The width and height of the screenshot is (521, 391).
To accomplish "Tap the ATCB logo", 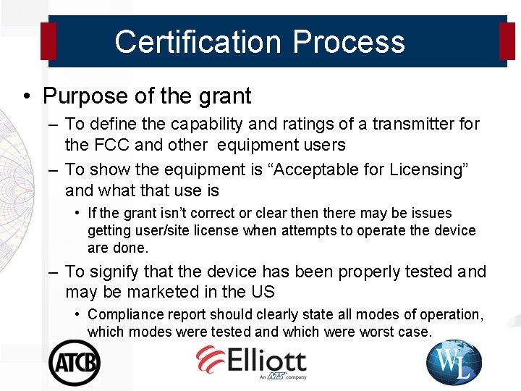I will coord(74,361).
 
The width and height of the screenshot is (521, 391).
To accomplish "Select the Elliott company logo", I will coord(251,361).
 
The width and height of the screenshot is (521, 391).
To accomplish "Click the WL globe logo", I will coord(454,362).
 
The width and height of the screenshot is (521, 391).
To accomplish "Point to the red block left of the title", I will coord(48,41).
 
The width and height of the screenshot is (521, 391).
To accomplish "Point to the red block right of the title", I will coord(507,41).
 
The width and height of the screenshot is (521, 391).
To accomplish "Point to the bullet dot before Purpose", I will coord(26,96).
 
